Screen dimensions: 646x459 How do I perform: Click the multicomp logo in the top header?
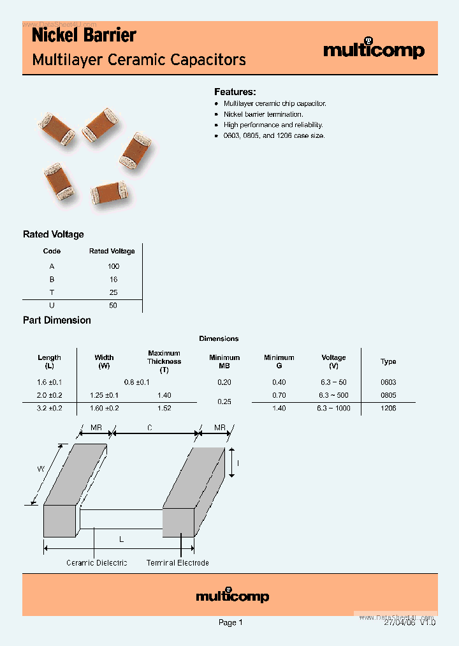(374, 50)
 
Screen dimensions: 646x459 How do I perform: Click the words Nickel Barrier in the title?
(84, 35)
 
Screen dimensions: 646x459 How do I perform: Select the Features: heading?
(235, 92)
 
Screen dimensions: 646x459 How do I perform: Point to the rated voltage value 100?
(113, 266)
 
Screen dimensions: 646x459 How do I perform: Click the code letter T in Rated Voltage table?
(52, 292)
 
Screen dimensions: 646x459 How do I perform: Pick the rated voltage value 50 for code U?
(113, 305)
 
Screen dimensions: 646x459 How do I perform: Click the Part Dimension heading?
(57, 320)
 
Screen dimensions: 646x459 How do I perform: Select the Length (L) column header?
(49, 361)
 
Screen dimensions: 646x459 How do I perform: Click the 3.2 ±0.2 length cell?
(49, 408)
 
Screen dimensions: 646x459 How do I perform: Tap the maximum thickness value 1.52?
(164, 408)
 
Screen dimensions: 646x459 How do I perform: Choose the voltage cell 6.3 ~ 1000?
(333, 408)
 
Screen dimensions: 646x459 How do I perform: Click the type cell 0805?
(388, 395)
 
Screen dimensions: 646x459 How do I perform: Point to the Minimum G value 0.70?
(279, 395)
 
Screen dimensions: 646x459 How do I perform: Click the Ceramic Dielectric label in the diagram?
(97, 562)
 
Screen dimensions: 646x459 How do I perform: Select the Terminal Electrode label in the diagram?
(177, 562)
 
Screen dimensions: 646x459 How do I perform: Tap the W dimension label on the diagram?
(40, 468)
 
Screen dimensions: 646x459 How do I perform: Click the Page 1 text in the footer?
(230, 622)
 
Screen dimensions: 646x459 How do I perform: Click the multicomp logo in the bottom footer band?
(232, 596)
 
